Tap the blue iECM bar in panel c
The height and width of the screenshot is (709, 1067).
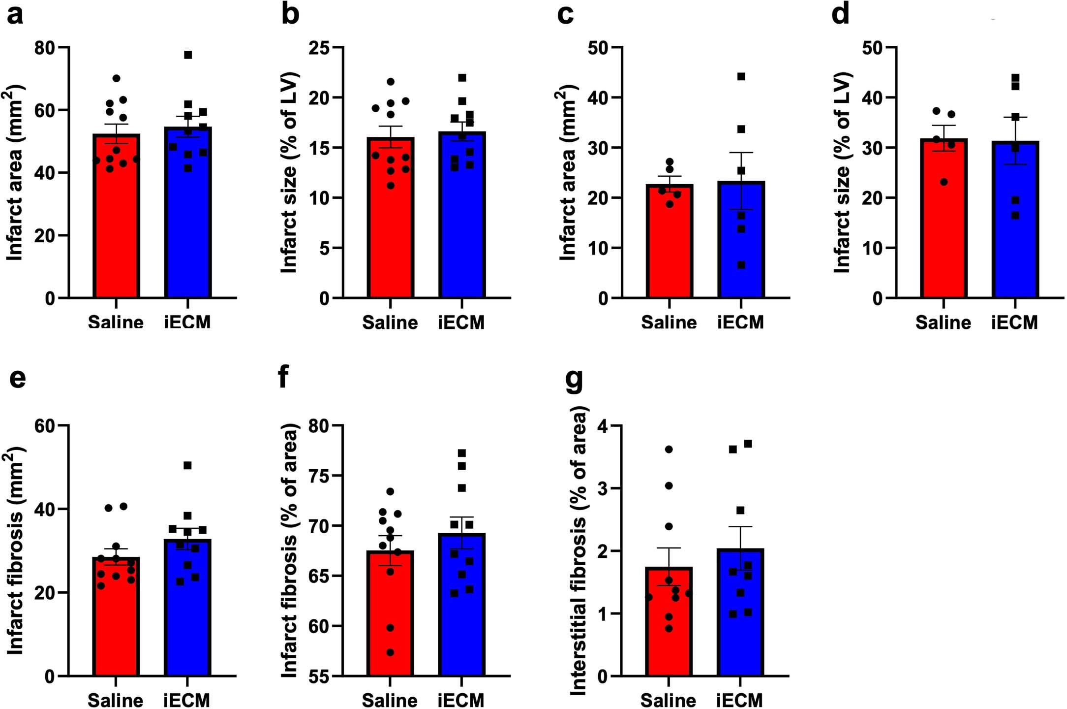point(741,241)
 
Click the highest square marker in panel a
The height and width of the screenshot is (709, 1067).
point(188,55)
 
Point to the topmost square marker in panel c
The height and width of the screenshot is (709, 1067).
point(741,76)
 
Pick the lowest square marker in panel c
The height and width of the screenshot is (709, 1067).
point(741,265)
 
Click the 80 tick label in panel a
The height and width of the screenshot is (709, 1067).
point(45,48)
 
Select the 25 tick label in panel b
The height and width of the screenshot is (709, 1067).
point(319,48)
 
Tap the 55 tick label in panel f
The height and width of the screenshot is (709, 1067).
point(319,676)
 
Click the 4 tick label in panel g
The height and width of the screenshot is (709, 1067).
point(603,425)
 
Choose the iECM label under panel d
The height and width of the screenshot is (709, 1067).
point(1014,322)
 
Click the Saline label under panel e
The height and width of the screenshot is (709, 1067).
point(116,700)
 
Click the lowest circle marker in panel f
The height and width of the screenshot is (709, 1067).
point(390,652)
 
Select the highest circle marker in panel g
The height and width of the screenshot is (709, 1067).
point(669,449)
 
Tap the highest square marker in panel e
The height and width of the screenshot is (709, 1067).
point(187,465)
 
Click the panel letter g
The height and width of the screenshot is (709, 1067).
point(574,380)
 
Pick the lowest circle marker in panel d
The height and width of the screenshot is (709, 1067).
point(944,182)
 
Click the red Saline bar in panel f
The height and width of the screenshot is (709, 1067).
point(390,615)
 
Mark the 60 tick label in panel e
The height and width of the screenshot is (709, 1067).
point(45,426)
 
